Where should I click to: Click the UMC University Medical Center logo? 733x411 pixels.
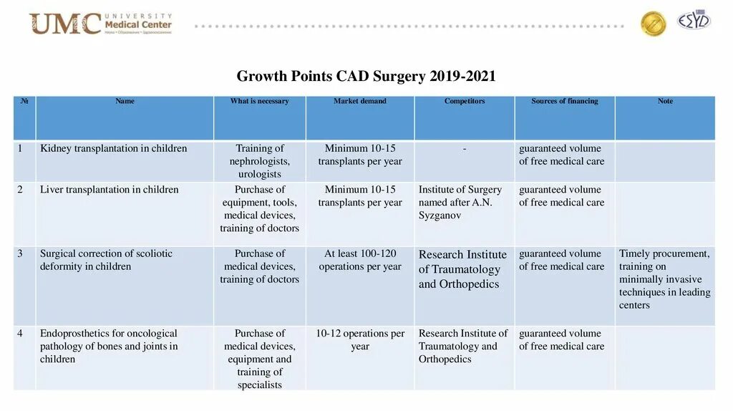tap(100, 24)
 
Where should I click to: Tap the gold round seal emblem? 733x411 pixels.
tap(653, 24)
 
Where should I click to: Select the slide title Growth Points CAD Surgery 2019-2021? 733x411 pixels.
tap(366, 76)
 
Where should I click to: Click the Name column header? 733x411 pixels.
tap(125, 102)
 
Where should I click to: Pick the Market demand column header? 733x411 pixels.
tap(359, 102)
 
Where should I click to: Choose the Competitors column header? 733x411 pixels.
tap(464, 102)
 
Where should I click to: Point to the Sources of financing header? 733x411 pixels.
tap(564, 102)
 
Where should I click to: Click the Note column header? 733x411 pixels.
tap(665, 102)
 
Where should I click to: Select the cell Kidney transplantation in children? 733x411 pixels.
tap(113, 149)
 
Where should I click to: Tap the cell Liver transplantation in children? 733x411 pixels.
tap(109, 190)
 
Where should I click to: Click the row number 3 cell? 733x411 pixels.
tap(21, 253)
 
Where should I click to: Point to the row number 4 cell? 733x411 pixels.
tap(21, 334)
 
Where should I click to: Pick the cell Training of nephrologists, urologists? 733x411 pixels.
tap(259, 161)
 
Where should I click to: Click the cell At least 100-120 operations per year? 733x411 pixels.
tap(360, 260)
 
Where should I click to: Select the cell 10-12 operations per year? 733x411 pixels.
tap(360, 340)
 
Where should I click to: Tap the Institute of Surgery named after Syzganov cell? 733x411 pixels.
tap(460, 203)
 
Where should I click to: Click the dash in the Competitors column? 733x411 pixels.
tap(465, 149)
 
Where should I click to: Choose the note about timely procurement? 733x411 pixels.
tap(664, 279)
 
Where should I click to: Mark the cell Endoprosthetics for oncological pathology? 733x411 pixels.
tap(109, 347)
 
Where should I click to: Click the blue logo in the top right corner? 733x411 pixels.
tap(694, 21)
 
